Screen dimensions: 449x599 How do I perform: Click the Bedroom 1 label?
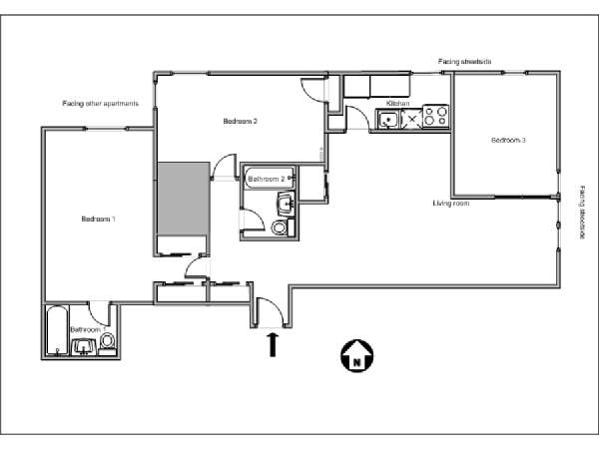tap(98, 219)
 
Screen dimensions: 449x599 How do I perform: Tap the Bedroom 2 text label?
tap(241, 122)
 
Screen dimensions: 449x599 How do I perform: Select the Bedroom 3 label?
tap(508, 141)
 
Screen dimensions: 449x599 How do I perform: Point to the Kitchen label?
tap(398, 104)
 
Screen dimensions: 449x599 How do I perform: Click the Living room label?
tap(451, 204)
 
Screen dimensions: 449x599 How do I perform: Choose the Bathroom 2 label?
tap(267, 179)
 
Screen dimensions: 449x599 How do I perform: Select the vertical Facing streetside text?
tap(582, 212)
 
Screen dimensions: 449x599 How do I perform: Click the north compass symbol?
tap(355, 353)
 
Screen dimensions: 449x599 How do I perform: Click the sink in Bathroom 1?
tap(82, 347)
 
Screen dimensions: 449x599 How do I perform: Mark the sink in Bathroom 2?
tap(287, 205)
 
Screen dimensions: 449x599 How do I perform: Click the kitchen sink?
tap(388, 120)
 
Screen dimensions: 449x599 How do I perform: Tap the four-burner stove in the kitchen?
tap(434, 117)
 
